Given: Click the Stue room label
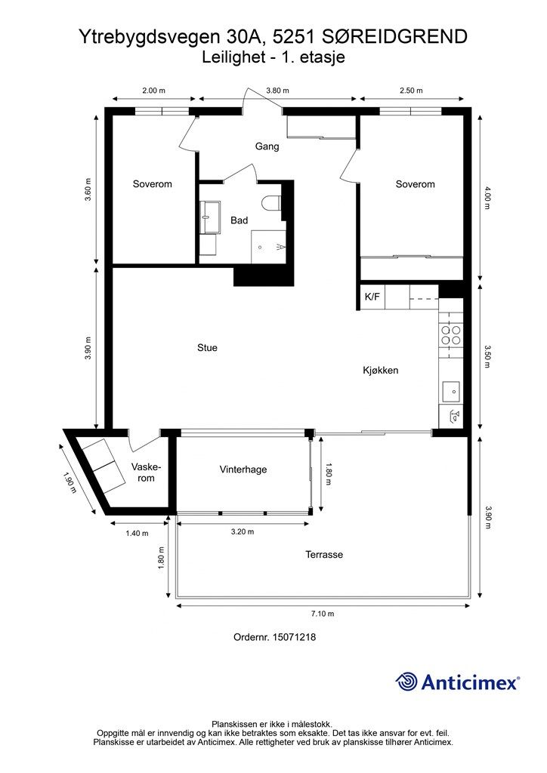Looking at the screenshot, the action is (x=207, y=347).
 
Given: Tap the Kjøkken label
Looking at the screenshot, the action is (x=380, y=370).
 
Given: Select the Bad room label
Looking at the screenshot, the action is (x=240, y=220).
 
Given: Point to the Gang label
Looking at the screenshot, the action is (x=267, y=146).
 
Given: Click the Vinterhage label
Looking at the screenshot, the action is (x=243, y=470).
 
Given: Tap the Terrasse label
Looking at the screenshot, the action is (x=324, y=555).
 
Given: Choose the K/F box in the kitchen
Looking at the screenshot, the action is (x=372, y=297).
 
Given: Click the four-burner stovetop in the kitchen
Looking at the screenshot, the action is (x=451, y=335).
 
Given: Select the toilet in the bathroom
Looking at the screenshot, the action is (x=272, y=203).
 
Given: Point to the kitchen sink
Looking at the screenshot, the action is (x=451, y=391).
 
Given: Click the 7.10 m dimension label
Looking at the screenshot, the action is (x=322, y=614).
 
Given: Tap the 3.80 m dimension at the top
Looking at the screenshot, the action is (x=277, y=91).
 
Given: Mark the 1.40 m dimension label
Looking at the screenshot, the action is (x=137, y=533).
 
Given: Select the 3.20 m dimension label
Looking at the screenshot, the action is (x=243, y=531).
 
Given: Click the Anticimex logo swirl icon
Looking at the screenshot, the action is (x=407, y=682).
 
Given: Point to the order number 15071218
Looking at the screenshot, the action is (x=294, y=637).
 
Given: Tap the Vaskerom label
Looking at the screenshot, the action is (x=146, y=473).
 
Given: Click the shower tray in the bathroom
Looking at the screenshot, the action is (x=268, y=247).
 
